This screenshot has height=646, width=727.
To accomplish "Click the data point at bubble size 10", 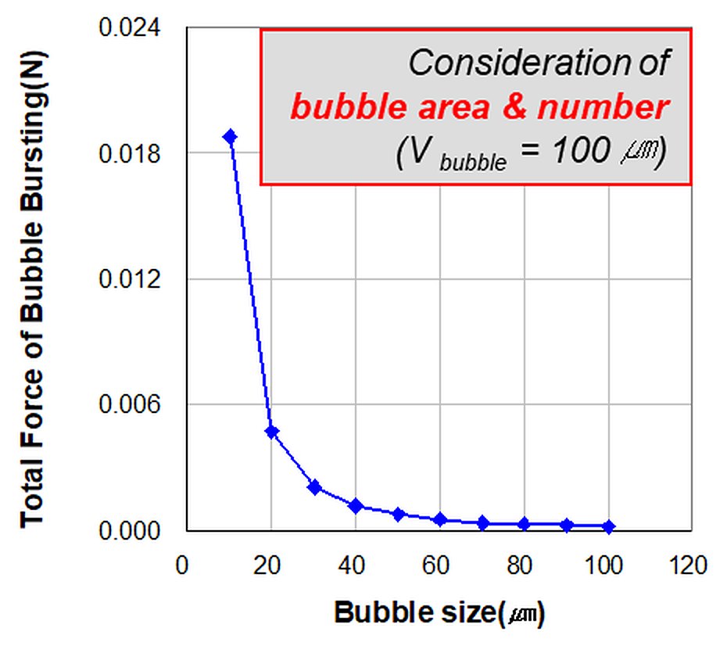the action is tap(230, 136).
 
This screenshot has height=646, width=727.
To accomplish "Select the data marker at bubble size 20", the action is tap(272, 432).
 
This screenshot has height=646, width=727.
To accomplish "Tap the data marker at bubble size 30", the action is tap(314, 487).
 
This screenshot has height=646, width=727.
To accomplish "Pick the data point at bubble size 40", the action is tap(356, 505).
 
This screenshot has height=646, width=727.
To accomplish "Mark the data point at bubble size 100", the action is tap(609, 526).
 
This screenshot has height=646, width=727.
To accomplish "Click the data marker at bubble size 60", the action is tap(440, 519).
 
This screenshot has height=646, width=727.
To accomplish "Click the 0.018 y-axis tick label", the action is tap(129, 153).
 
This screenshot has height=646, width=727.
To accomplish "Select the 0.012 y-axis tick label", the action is tap(129, 278).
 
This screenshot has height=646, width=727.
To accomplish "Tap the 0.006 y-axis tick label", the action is tap(129, 404).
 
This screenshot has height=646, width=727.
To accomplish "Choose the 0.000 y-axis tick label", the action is tap(129, 530).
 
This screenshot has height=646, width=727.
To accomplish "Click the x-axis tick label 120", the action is tap(688, 565).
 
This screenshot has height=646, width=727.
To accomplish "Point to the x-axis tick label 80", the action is tap(519, 565).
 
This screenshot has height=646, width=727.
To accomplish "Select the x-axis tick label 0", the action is tap(182, 565).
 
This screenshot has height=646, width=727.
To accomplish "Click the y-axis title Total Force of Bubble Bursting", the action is tap(33, 289).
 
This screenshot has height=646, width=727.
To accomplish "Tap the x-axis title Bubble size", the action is tap(439, 612).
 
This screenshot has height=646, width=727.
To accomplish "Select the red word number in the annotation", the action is tap(603, 107).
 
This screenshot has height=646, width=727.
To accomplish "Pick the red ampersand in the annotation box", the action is tap(514, 107).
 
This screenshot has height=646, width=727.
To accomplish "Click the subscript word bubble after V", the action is tap(473, 163).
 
